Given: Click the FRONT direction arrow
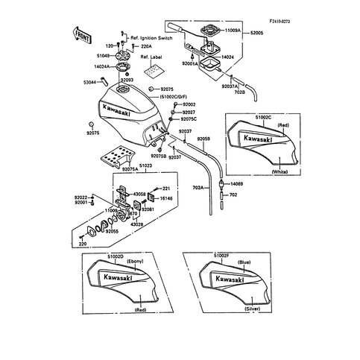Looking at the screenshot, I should (82, 34).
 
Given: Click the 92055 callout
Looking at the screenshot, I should (112, 232).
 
